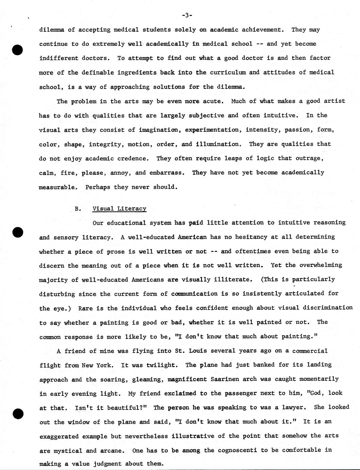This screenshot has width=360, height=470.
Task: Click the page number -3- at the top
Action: click(x=187, y=15)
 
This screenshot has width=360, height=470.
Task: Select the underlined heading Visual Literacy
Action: click(x=119, y=209)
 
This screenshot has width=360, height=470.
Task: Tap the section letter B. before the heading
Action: click(x=78, y=209)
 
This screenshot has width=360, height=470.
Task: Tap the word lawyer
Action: click(x=294, y=407)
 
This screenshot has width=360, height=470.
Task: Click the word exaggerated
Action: click(x=59, y=436)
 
